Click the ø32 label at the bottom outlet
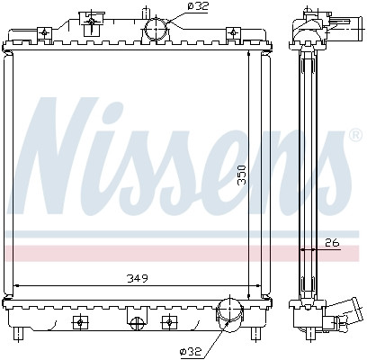click(192, 350)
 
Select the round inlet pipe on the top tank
click(157, 30)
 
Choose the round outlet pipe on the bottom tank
click(227, 316)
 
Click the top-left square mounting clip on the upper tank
click(43, 33)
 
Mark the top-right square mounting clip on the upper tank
click(233, 33)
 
